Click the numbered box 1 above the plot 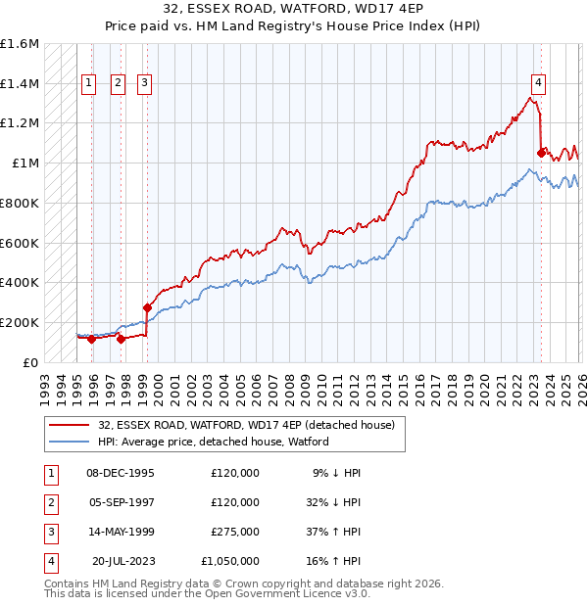tap(89, 83)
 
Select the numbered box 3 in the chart tap(144, 83)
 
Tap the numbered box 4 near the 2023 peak tap(539, 83)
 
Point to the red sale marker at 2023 tap(541, 153)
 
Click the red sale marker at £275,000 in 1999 tap(147, 306)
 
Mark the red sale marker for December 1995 tap(91, 339)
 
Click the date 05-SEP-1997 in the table tap(121, 501)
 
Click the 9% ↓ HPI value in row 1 tap(337, 472)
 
